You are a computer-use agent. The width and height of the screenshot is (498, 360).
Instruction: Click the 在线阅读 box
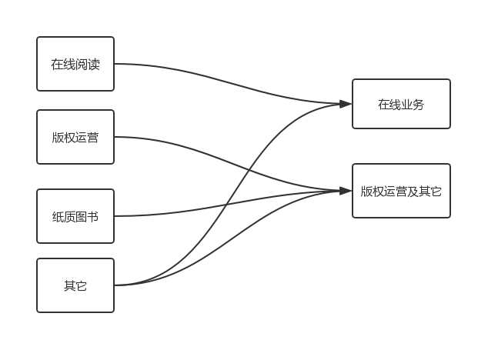75,64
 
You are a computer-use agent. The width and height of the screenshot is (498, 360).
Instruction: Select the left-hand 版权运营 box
75,138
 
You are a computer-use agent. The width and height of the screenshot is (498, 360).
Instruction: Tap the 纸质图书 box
75,216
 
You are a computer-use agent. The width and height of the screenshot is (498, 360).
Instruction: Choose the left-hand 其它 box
75,285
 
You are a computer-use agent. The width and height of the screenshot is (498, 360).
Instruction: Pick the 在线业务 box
401,104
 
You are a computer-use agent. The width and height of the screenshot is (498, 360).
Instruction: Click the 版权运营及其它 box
401,191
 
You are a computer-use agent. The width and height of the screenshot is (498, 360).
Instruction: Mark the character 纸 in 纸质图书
58,216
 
